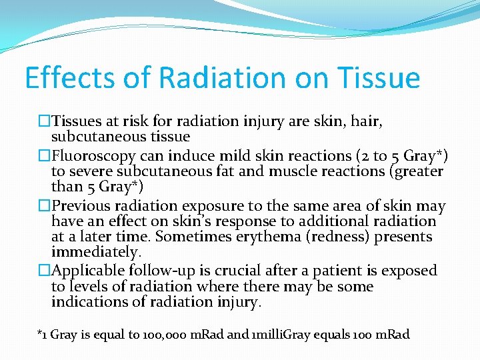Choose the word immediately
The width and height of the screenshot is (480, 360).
[96, 253]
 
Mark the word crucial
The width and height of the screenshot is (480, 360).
[245, 271]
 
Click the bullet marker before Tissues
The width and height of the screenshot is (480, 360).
[45, 121]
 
